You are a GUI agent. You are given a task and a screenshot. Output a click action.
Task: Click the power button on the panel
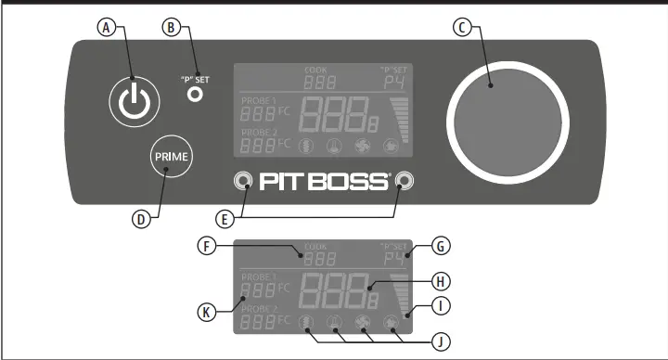point(133,100)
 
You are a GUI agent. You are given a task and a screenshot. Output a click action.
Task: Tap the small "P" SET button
point(195,94)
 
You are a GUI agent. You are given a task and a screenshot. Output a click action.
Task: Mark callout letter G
point(443,246)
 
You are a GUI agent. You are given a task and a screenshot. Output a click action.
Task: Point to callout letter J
point(443,341)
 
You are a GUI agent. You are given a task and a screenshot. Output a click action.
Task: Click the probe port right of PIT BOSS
point(403,180)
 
